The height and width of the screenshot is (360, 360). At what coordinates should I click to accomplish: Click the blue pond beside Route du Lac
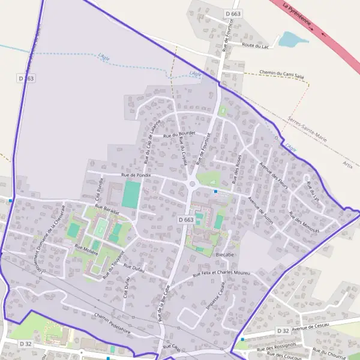coord(293,40)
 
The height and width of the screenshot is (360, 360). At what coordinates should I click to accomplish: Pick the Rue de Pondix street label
coord(136,175)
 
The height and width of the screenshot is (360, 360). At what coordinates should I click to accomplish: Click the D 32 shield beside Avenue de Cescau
coord(283,331)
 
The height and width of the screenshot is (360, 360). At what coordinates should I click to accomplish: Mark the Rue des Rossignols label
coord(277,348)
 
